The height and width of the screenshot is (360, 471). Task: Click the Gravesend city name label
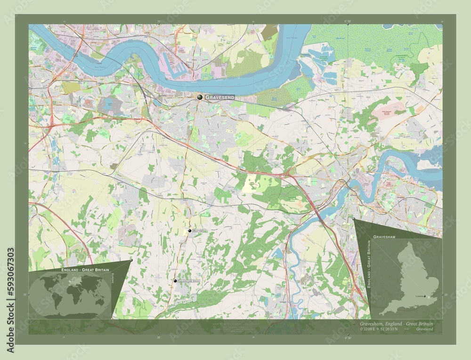(219, 97)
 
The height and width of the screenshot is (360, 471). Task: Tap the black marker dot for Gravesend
(200, 96)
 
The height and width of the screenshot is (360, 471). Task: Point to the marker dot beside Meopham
(190, 231)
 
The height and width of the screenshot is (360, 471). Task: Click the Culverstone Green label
(189, 281)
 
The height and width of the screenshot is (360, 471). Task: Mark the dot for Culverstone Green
(175, 280)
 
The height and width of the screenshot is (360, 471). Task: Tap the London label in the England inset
(417, 296)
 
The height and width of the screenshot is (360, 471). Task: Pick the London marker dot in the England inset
(425, 296)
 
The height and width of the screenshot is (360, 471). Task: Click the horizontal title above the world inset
(84, 269)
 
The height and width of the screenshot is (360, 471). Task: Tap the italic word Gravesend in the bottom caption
(425, 329)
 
